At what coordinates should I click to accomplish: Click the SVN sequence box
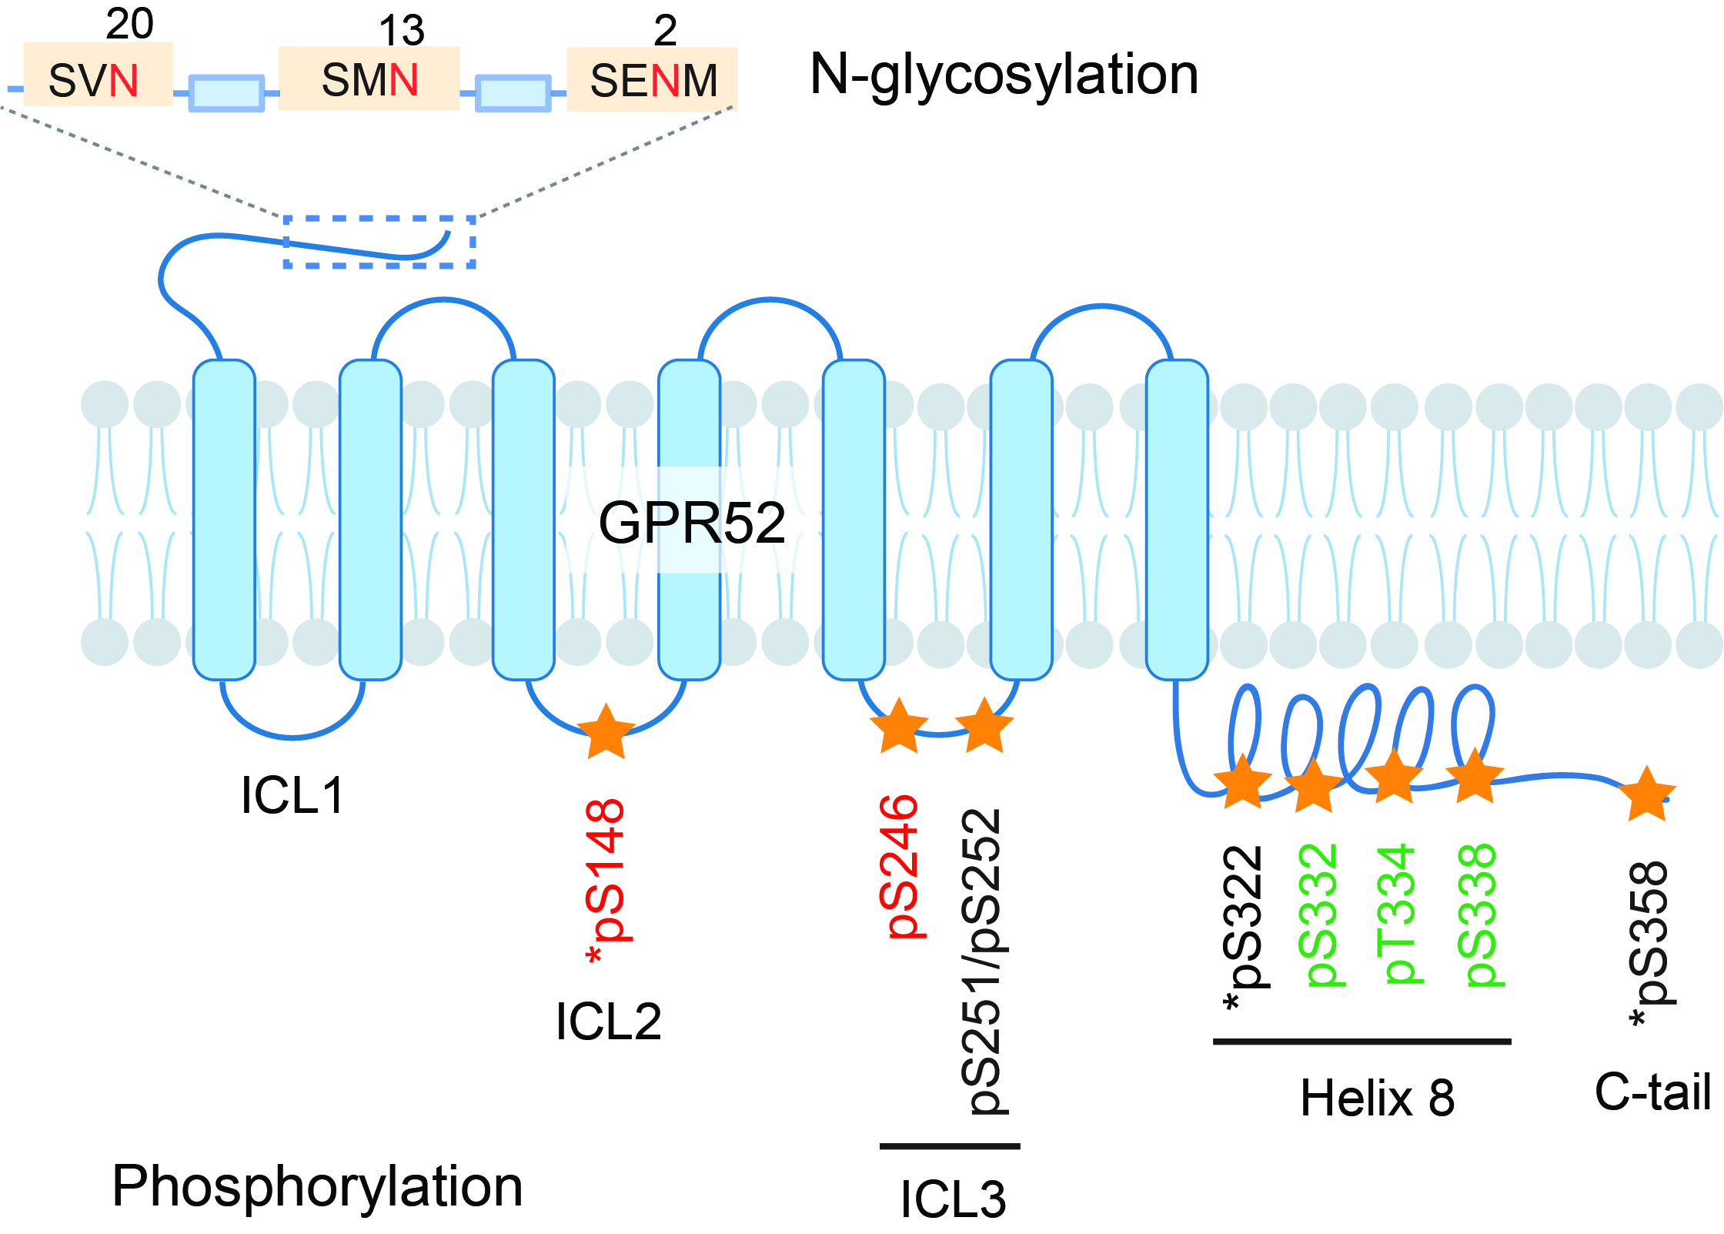(x=98, y=75)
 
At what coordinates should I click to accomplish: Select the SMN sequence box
(x=369, y=79)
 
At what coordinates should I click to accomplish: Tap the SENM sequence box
(x=652, y=79)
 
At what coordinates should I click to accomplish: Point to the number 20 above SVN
(x=129, y=24)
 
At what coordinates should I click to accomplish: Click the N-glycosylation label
(x=1004, y=75)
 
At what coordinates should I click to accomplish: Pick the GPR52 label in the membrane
(x=691, y=523)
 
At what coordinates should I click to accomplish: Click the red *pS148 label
(x=607, y=881)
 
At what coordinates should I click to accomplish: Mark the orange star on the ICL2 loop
(x=606, y=732)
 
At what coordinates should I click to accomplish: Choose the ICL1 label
(x=292, y=795)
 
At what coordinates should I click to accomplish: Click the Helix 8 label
(x=1377, y=1098)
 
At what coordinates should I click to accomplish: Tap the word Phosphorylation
(x=317, y=1186)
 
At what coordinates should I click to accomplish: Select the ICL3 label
(x=953, y=1199)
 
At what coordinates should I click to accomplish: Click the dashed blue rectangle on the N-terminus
(x=379, y=242)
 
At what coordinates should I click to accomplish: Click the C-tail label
(x=1652, y=1091)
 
